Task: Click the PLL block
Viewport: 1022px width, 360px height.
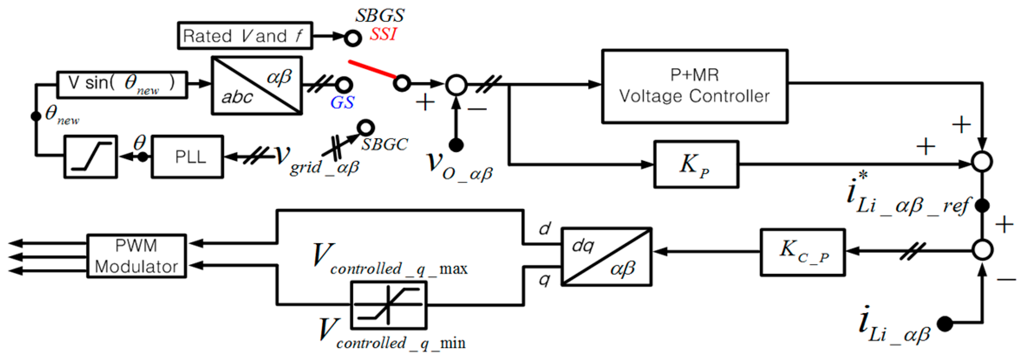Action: (x=187, y=157)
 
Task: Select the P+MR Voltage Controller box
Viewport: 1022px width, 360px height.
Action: (x=694, y=86)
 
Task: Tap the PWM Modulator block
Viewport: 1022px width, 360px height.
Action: (x=136, y=256)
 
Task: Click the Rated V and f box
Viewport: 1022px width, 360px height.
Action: (x=245, y=36)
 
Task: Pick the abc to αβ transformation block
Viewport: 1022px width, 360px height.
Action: (x=257, y=86)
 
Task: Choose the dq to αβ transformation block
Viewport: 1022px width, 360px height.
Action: (x=606, y=256)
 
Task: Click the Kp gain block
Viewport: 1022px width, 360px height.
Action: (x=696, y=164)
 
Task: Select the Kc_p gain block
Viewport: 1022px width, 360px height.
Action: (x=803, y=252)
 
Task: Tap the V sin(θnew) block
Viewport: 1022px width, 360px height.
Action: (x=122, y=84)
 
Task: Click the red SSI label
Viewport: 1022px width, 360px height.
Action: (x=383, y=34)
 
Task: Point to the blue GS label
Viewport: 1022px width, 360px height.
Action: (x=342, y=103)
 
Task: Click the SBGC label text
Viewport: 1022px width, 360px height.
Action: (x=384, y=144)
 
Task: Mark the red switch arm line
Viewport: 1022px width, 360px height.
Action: (x=372, y=69)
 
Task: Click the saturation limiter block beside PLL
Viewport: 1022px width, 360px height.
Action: (x=90, y=157)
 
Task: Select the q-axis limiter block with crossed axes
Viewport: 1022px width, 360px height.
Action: (x=389, y=305)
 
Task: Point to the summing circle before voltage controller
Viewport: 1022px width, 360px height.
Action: (x=456, y=84)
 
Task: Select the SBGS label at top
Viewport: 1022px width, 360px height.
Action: (x=379, y=16)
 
